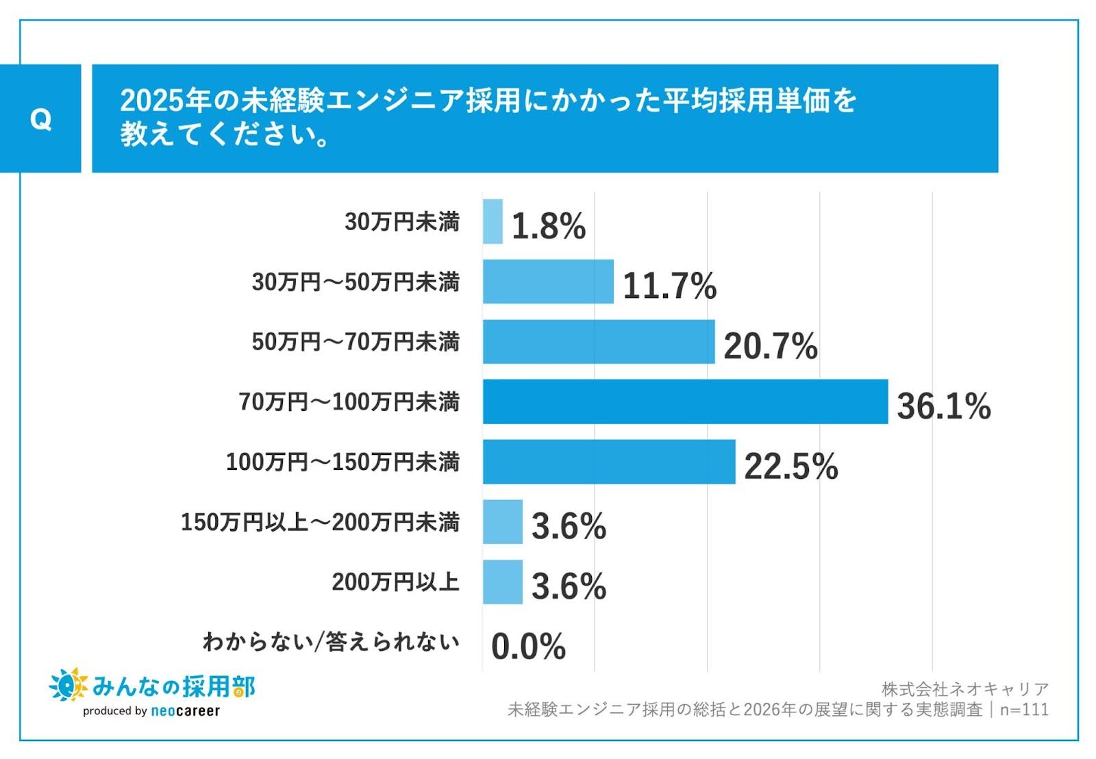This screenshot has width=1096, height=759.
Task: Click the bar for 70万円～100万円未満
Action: pyautogui.click(x=685, y=402)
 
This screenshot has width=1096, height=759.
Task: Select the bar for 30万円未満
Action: pyautogui.click(x=493, y=221)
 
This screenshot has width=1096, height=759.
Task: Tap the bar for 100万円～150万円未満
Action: pyautogui.click(x=609, y=462)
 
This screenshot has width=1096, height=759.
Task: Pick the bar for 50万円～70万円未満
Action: pyautogui.click(x=599, y=342)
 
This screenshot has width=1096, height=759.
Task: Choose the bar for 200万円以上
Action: pyautogui.click(x=502, y=582)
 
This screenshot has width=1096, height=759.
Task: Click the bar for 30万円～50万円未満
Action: pyautogui.click(x=548, y=282)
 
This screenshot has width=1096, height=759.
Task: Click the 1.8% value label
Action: pyautogui.click(x=548, y=225)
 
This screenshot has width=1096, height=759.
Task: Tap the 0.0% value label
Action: pyautogui.click(x=528, y=646)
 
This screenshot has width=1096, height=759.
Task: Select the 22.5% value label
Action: pyautogui.click(x=790, y=466)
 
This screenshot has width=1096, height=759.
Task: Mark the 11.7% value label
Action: pyautogui.click(x=669, y=286)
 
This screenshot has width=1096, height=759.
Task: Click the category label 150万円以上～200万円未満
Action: pyautogui.click(x=320, y=522)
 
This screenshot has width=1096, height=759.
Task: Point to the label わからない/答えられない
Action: pyautogui.click(x=331, y=643)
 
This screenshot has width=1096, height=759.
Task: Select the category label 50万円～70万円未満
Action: pyautogui.click(x=356, y=342)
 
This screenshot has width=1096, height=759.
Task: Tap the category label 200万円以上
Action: pyautogui.click(x=395, y=582)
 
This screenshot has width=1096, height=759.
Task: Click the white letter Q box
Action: pyautogui.click(x=40, y=119)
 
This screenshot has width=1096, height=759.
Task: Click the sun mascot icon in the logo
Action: pyautogui.click(x=68, y=684)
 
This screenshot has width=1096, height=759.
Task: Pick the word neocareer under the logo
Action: pyautogui.click(x=185, y=711)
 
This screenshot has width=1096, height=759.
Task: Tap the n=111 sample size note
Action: pyautogui.click(x=1024, y=709)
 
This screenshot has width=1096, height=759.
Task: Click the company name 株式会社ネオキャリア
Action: pyautogui.click(x=964, y=688)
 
